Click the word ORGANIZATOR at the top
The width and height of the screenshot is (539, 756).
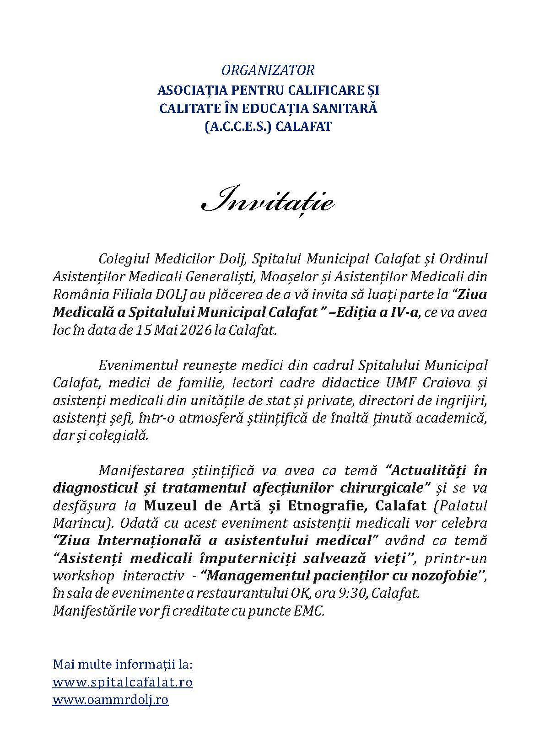[x=268, y=70]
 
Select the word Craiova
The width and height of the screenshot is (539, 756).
[x=438, y=383]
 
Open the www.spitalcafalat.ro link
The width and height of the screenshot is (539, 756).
[x=123, y=682]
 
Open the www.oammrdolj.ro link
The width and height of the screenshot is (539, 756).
[x=111, y=700]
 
